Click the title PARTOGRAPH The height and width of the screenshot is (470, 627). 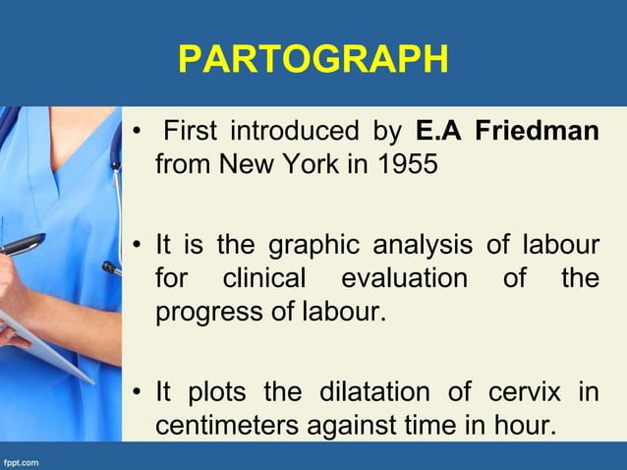(313, 59)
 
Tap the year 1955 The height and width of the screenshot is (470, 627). (404, 163)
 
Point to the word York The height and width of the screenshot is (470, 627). (308, 163)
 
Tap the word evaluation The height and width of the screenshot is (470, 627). (404, 278)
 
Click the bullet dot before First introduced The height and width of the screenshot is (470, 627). (140, 132)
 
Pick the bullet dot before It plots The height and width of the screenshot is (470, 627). (140, 393)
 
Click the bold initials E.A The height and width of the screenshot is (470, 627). (438, 131)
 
